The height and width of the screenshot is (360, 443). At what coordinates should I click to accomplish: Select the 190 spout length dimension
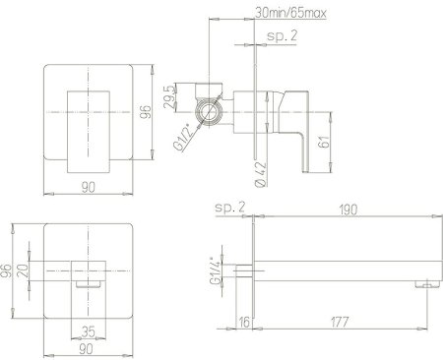click(x=348, y=207)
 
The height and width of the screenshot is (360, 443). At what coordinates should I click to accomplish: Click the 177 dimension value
click(x=337, y=320)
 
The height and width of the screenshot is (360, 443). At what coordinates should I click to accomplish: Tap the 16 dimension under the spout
click(x=243, y=320)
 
